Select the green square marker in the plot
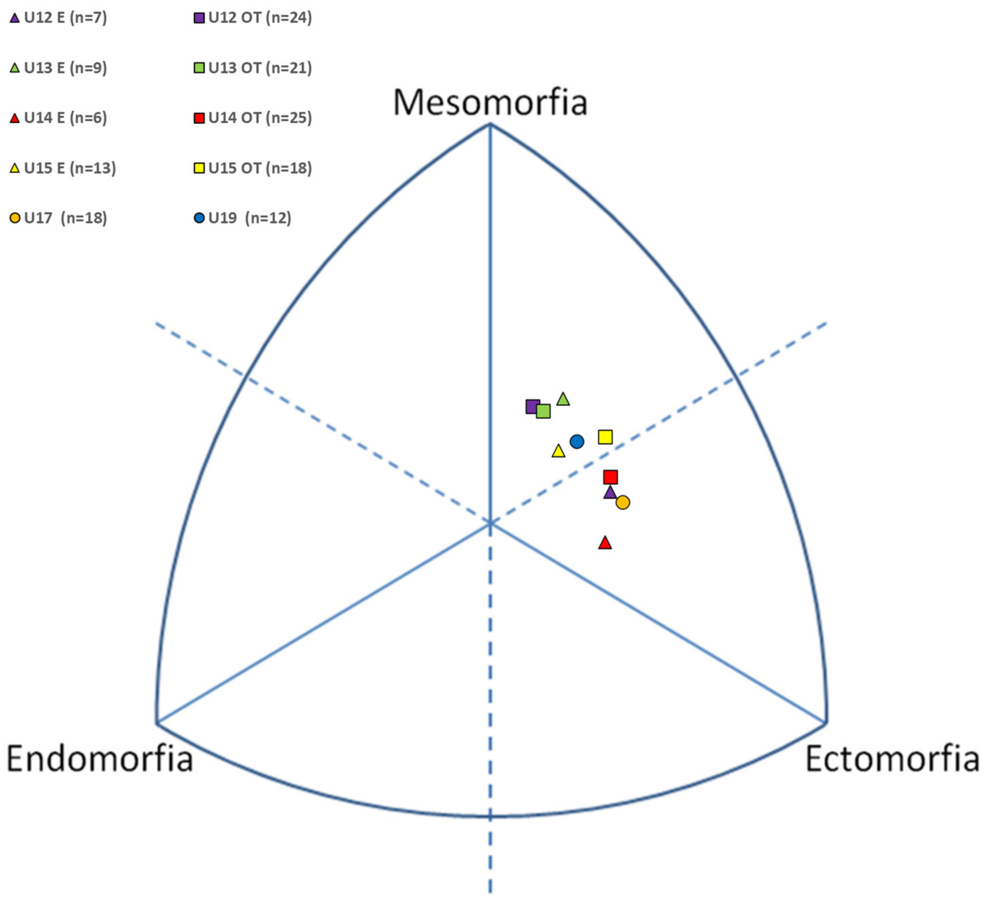coord(543,411)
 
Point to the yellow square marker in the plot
coord(605,437)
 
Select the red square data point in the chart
coord(610,477)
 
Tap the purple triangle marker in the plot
coord(610,492)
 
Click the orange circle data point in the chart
coord(623,502)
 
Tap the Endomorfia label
coord(100,758)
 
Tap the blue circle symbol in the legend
coord(199,218)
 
